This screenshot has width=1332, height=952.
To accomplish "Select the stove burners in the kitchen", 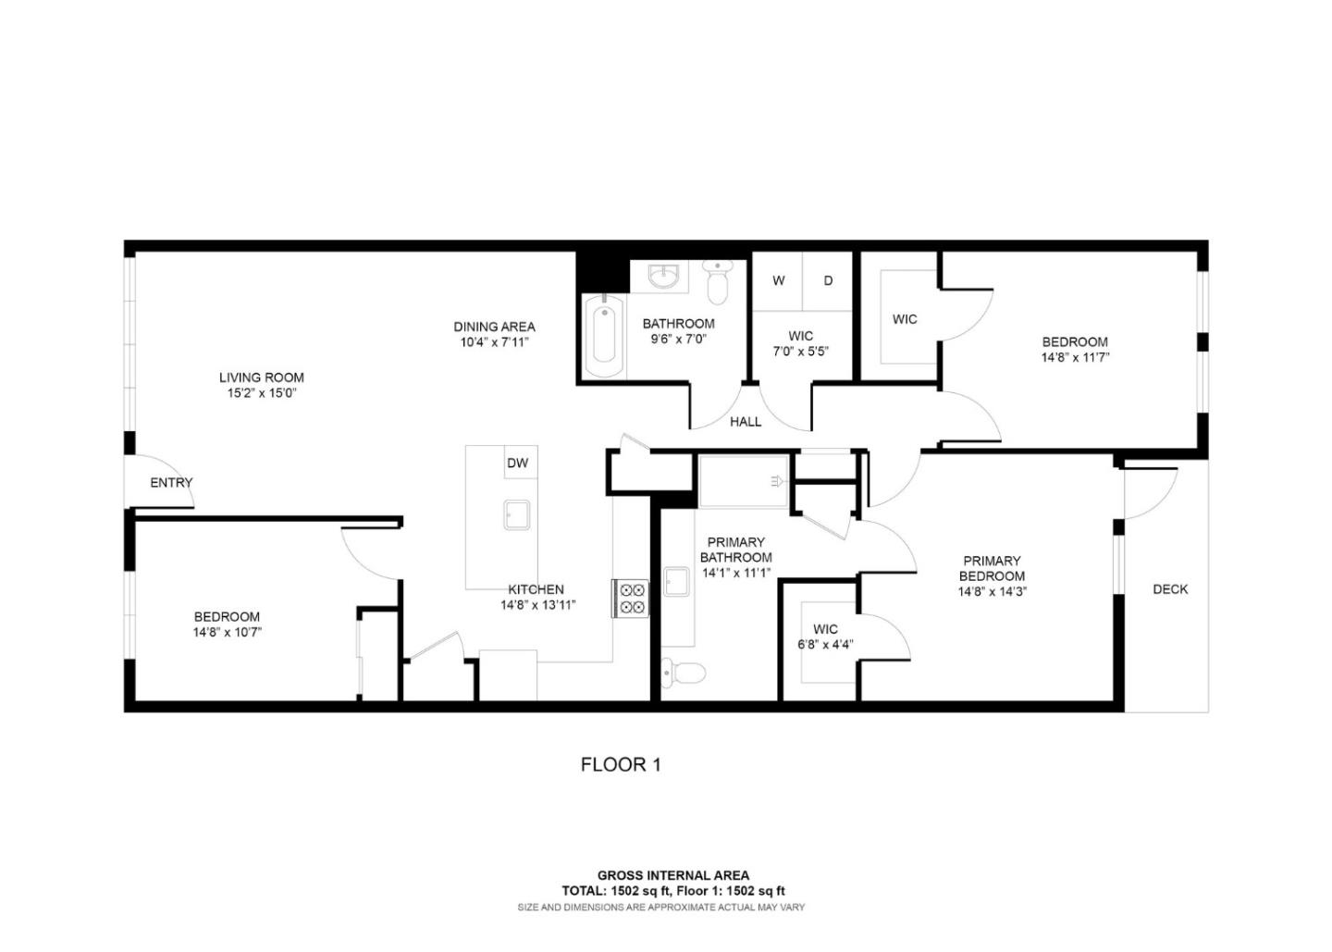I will pos(631,598).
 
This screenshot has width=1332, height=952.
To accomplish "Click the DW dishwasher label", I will pos(518,463).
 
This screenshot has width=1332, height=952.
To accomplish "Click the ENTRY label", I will pos(171,482).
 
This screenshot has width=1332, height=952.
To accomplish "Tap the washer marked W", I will pos(779,280).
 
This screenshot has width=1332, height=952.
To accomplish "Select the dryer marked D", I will pos(828,280).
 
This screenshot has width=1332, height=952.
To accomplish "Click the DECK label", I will pos(1170,588).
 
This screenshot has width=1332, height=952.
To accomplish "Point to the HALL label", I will pos(746,422).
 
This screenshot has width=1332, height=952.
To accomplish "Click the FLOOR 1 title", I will pos(621,764).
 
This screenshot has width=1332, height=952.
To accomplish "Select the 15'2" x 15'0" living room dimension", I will pos(262,393).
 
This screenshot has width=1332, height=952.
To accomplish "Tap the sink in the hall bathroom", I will pos(662,275).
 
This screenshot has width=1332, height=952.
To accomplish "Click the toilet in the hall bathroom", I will pos(717,280).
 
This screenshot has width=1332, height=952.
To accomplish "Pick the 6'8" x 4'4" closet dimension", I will pos(825,645).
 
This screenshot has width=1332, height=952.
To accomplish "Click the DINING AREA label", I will pos(494,327).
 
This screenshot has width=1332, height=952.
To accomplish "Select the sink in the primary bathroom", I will pos(676,582).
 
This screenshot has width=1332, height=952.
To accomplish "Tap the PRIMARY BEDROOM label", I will pos(992,568).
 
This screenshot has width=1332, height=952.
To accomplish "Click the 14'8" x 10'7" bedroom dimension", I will pos(228,633).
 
